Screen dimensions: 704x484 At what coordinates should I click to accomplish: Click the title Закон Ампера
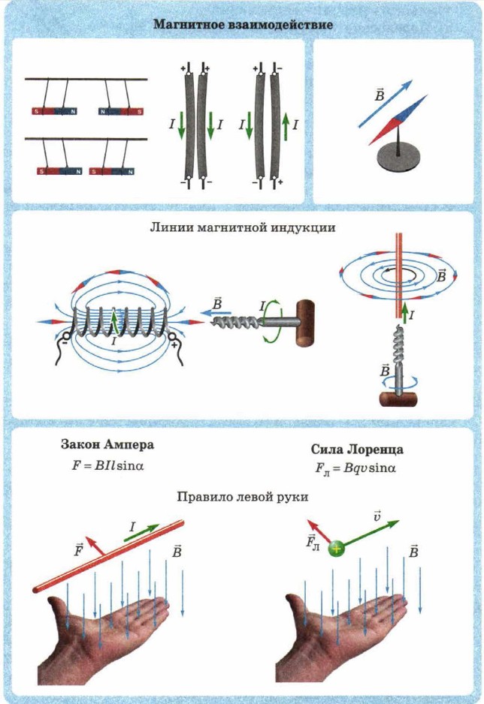tap(107, 444)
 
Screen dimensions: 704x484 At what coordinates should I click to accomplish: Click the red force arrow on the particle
tap(320, 531)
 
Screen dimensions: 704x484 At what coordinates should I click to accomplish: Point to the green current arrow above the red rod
tap(143, 531)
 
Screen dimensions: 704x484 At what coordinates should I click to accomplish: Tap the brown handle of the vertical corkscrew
tap(398, 397)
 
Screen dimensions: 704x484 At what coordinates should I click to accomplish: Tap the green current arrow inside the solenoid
tap(113, 323)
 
